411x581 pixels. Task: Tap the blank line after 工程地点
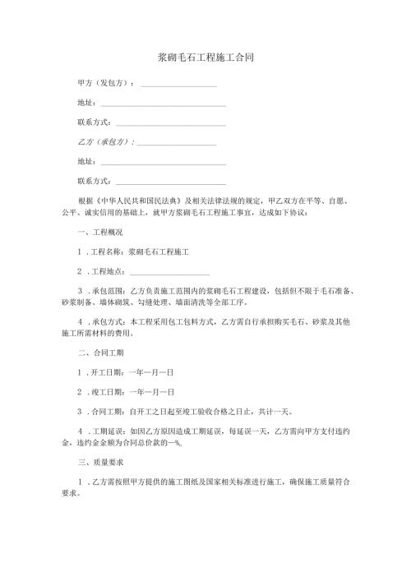[x=169, y=272]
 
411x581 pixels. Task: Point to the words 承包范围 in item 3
[x=108, y=291]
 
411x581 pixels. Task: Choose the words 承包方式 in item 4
[x=108, y=322]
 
